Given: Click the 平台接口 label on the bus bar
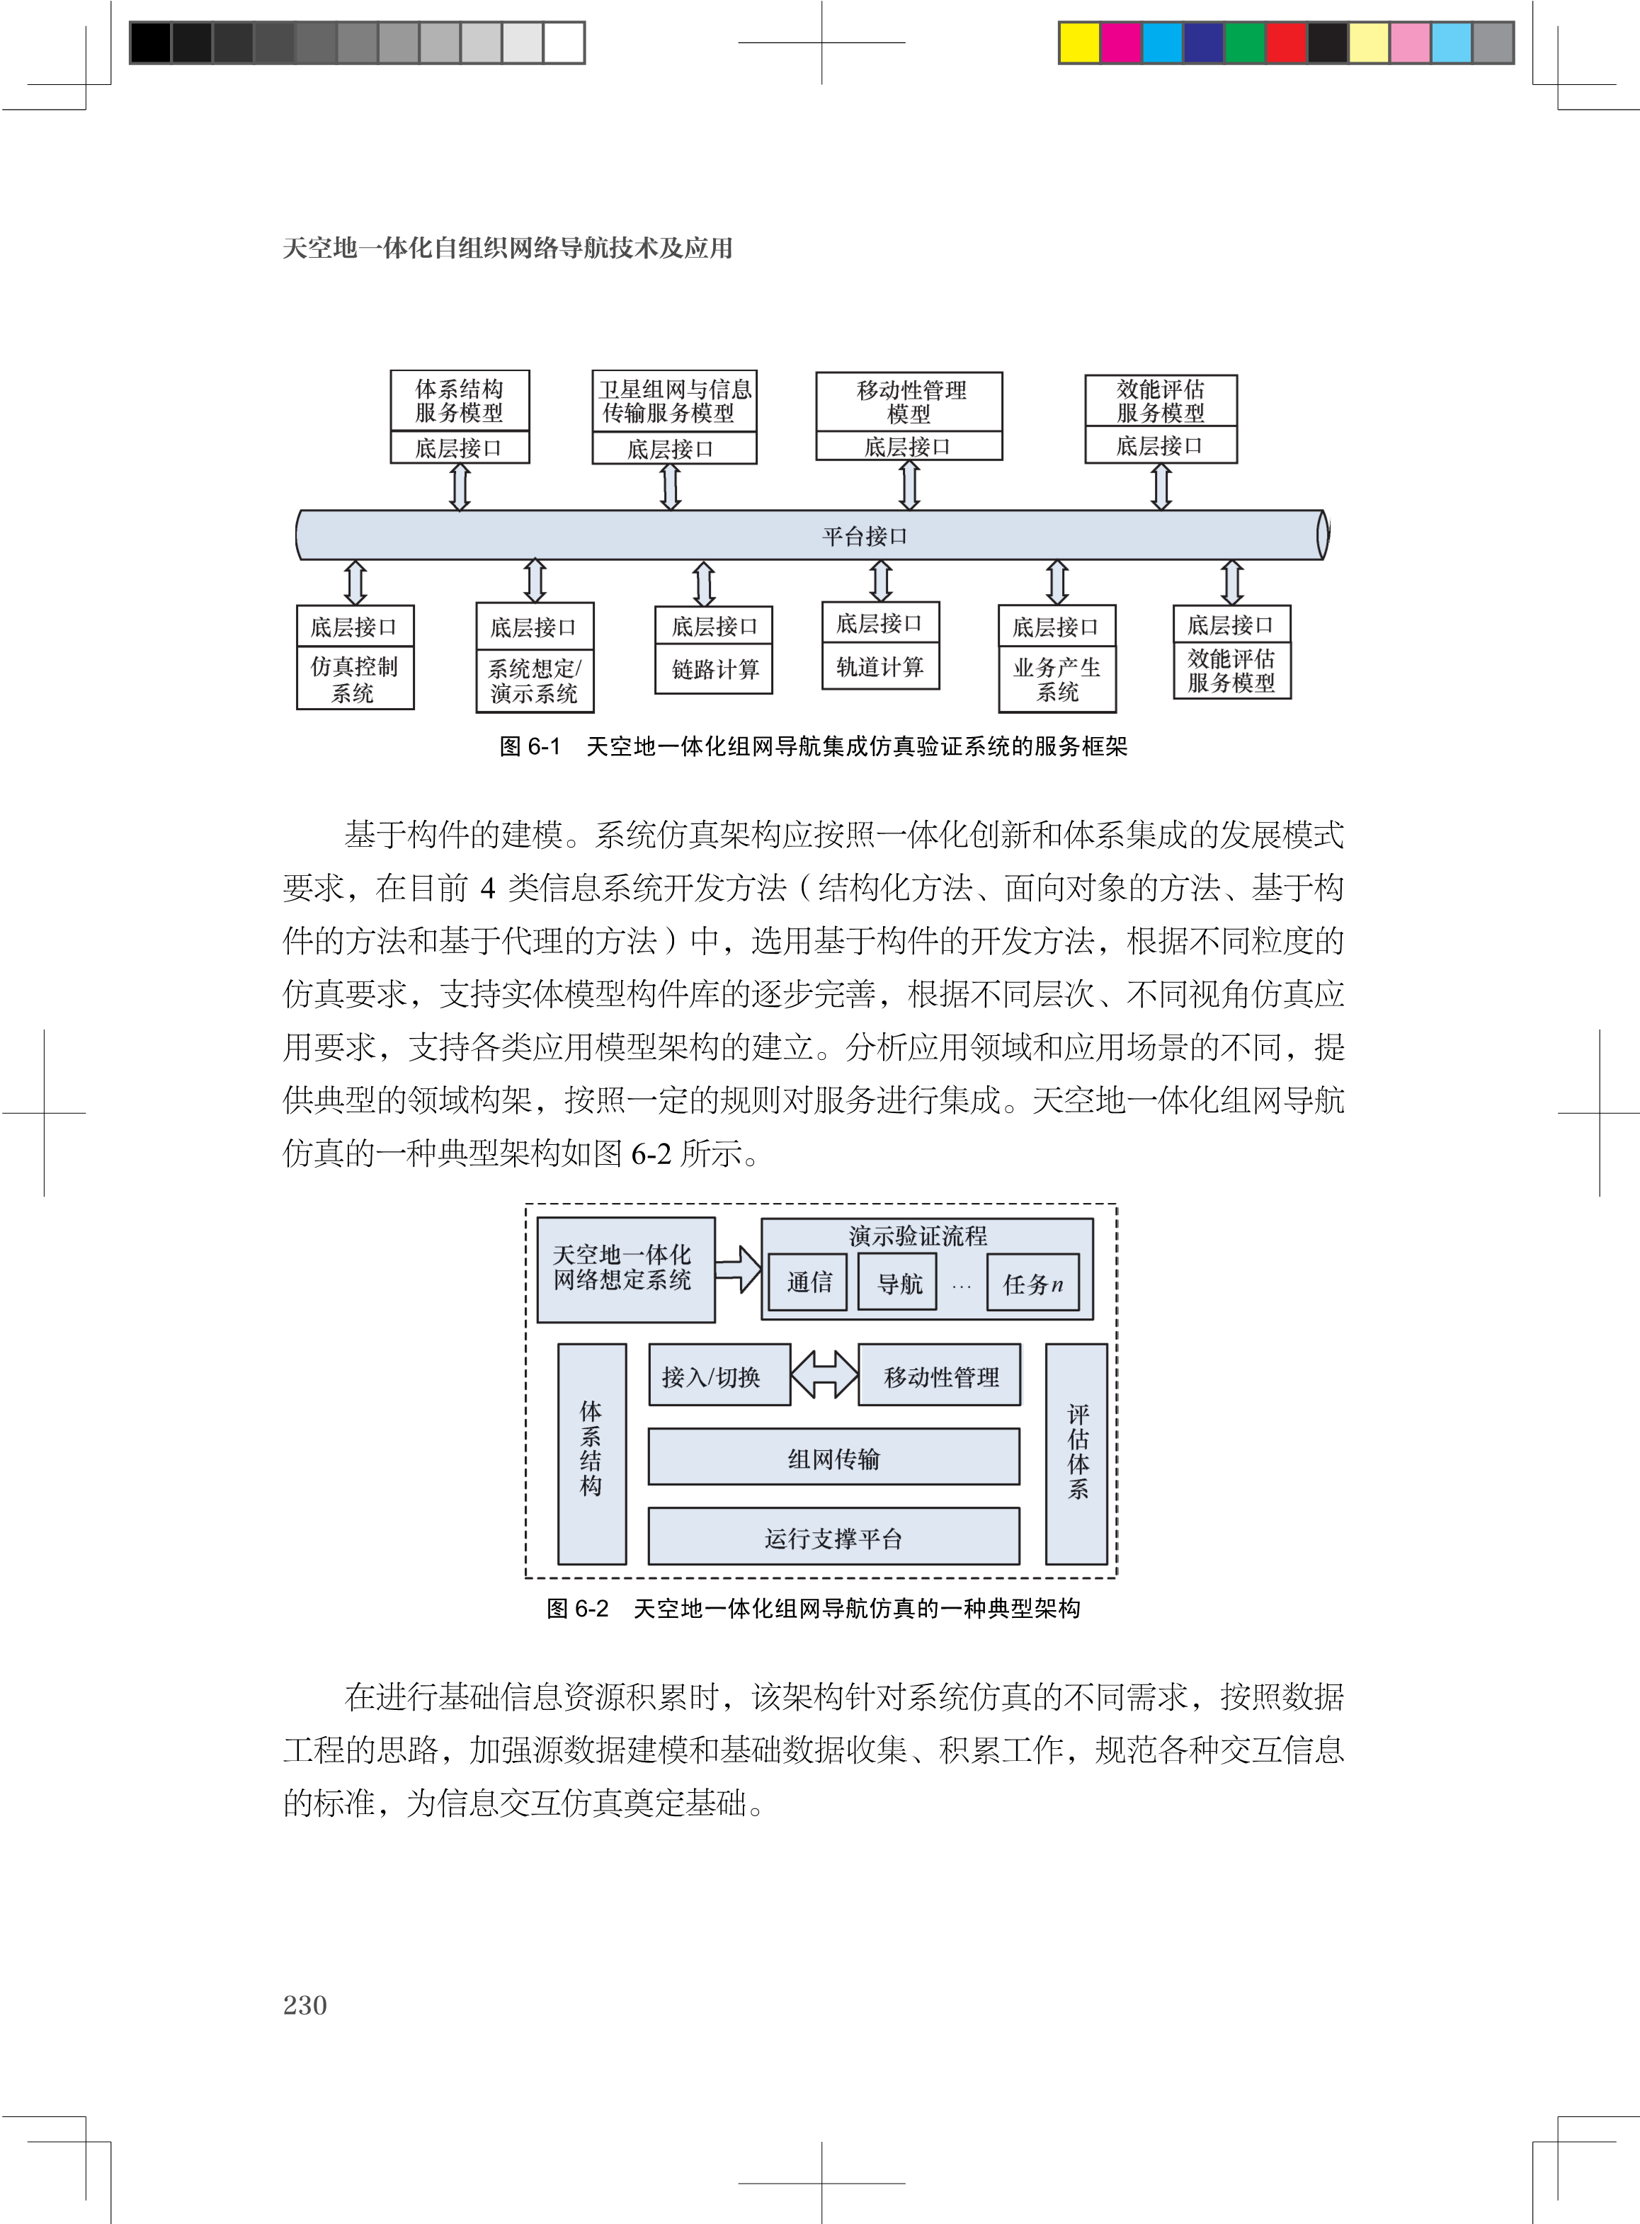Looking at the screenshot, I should click(x=865, y=537).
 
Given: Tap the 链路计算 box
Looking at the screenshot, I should click(x=714, y=669).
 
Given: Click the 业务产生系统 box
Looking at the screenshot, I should click(x=1057, y=679).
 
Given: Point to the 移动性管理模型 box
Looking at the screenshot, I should click(x=909, y=402).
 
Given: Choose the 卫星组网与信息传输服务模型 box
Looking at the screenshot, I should click(x=674, y=401).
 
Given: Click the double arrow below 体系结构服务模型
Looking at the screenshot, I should click(x=460, y=486).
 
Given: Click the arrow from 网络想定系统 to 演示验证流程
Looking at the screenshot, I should click(x=738, y=1270).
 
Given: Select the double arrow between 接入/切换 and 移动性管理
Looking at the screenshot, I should click(x=824, y=1376).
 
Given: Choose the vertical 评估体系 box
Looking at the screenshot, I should click(x=1077, y=1454).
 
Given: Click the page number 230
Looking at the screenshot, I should click(x=304, y=2005).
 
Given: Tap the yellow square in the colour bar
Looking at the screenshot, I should click(x=1079, y=42).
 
